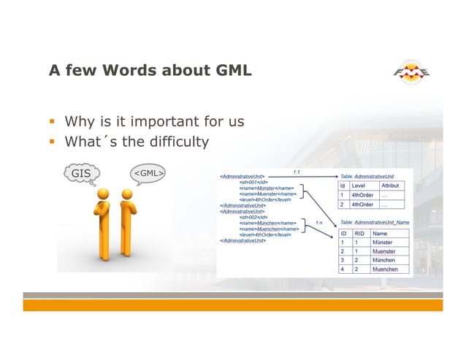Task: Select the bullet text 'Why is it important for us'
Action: (x=154, y=121)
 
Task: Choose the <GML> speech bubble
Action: (x=147, y=174)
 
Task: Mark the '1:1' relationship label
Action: (x=297, y=172)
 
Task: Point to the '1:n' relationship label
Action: (x=319, y=221)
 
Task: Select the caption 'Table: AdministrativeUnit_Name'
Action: (x=375, y=221)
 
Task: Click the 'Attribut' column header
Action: (x=391, y=186)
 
